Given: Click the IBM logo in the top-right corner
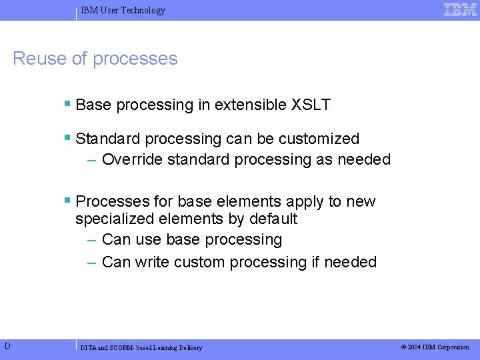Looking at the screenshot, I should (x=460, y=9).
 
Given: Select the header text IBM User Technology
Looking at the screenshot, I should (x=123, y=11).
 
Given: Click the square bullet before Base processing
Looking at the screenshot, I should (x=67, y=104).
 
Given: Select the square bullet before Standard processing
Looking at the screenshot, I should (x=67, y=138).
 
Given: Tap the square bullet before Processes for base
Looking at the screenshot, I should (x=67, y=201).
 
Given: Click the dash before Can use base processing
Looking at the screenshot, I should (x=93, y=239).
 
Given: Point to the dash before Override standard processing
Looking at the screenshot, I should (x=93, y=160).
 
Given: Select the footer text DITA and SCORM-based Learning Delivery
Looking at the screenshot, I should (x=141, y=347).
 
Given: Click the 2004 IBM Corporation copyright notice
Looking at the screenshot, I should (x=435, y=347).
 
